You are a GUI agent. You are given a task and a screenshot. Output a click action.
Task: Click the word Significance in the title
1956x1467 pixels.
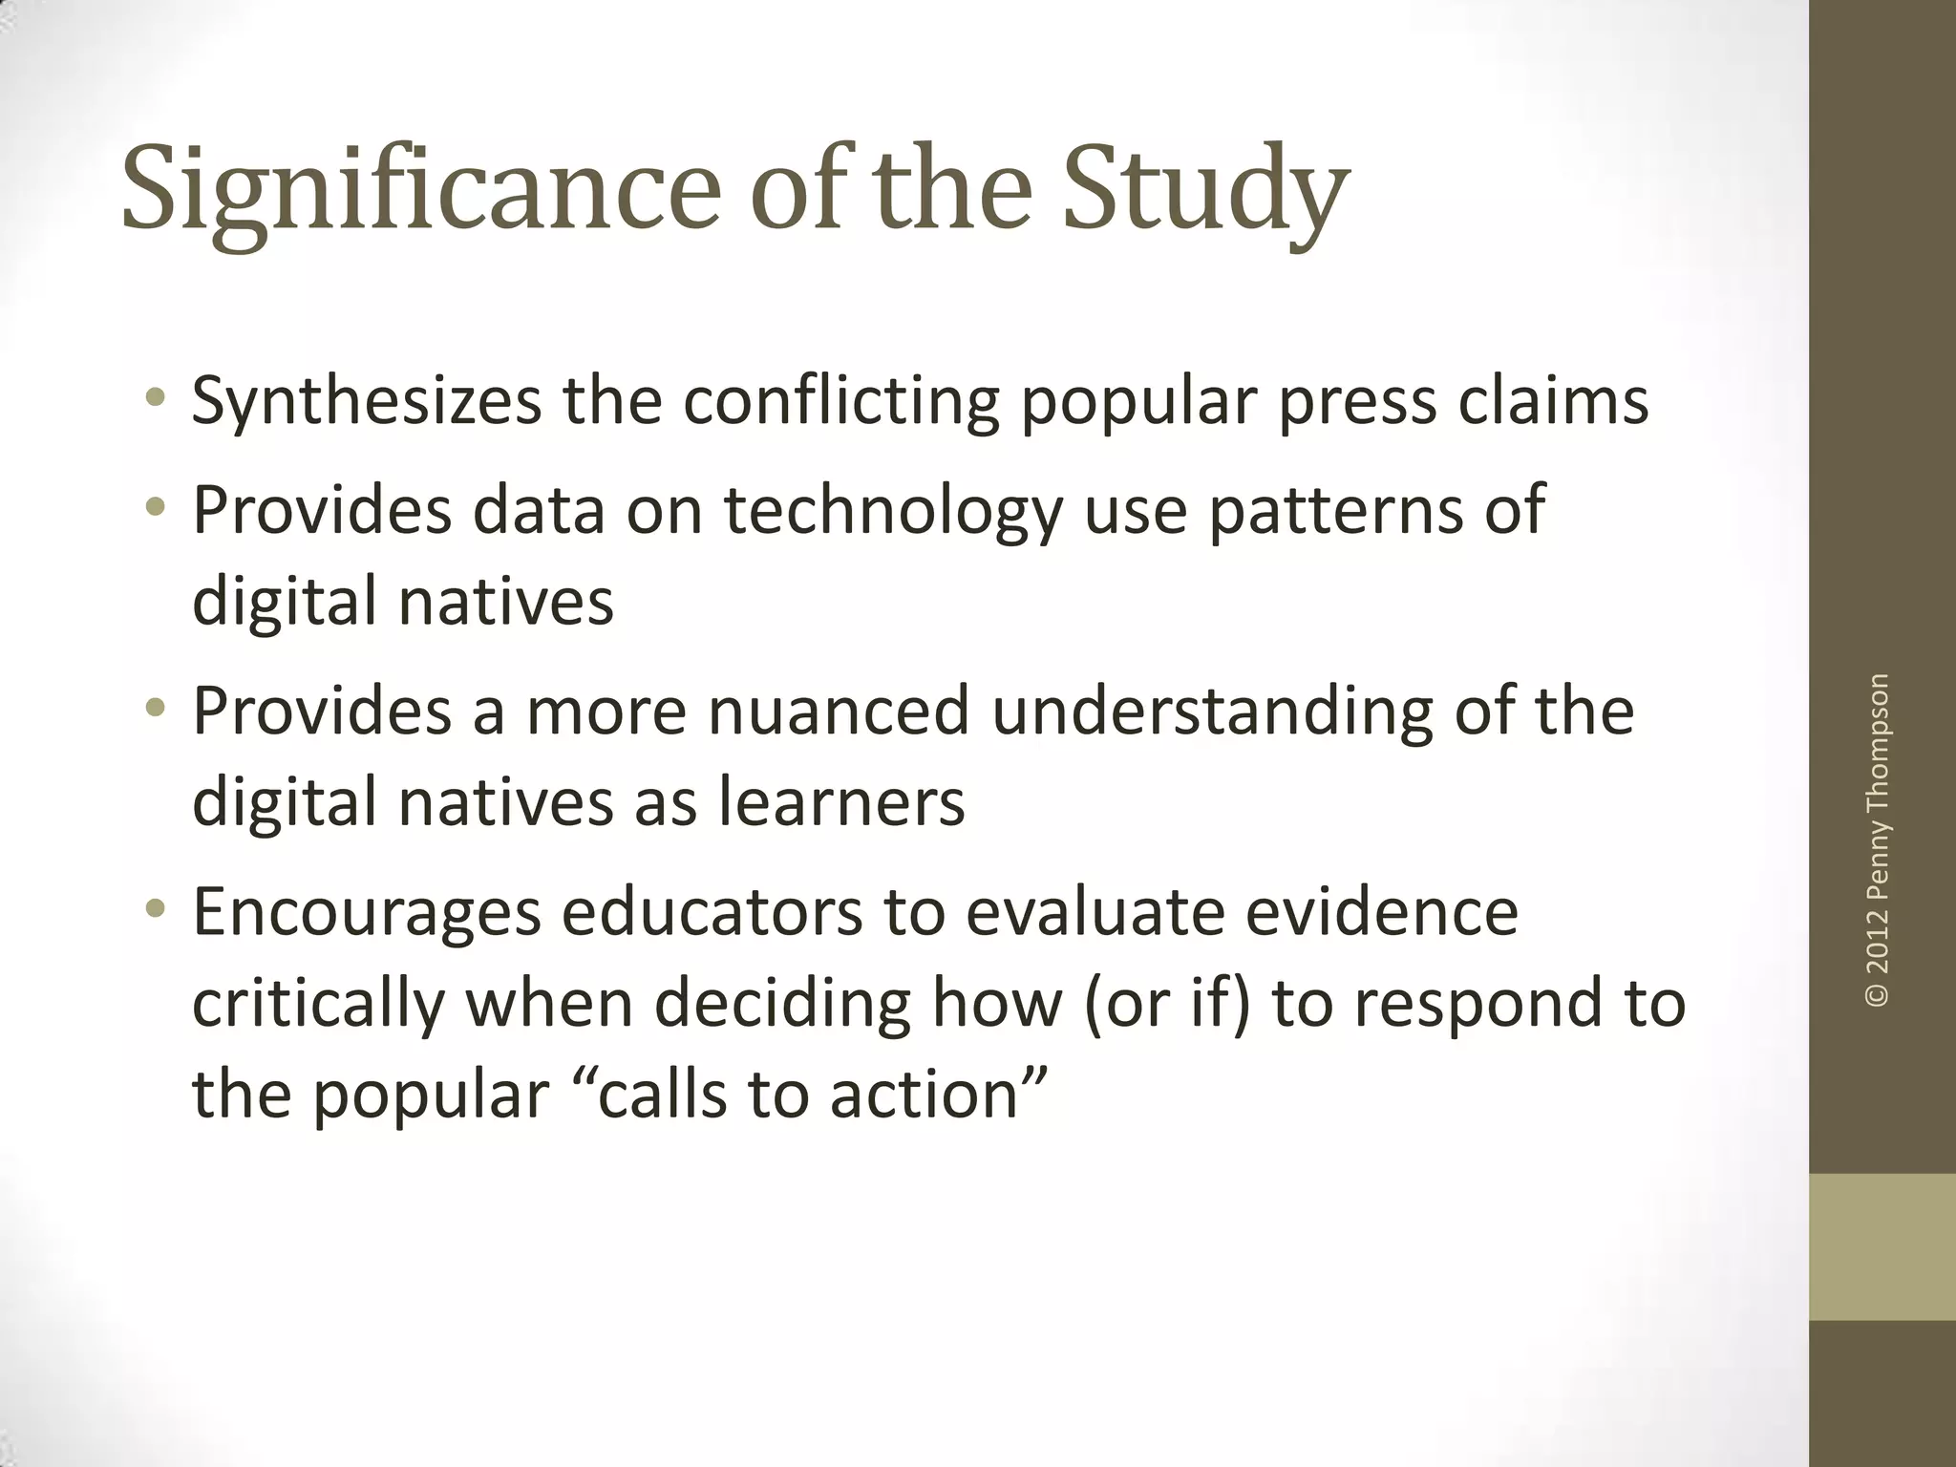(x=420, y=188)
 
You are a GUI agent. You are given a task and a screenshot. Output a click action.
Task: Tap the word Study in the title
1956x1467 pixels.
(x=1205, y=188)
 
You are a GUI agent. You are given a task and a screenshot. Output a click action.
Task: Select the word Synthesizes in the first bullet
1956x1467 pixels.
(x=367, y=400)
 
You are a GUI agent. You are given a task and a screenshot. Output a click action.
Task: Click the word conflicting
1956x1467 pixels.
(x=840, y=400)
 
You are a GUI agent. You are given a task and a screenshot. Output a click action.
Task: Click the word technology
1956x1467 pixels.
(x=893, y=510)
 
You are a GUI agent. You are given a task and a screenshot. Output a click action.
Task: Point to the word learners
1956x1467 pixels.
(x=841, y=800)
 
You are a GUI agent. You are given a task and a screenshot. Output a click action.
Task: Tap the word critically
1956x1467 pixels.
(x=318, y=1003)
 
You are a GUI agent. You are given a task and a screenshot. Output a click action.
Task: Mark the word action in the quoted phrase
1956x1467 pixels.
(x=926, y=1094)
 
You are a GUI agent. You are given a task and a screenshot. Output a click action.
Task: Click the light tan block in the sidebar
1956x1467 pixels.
(x=1882, y=1246)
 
